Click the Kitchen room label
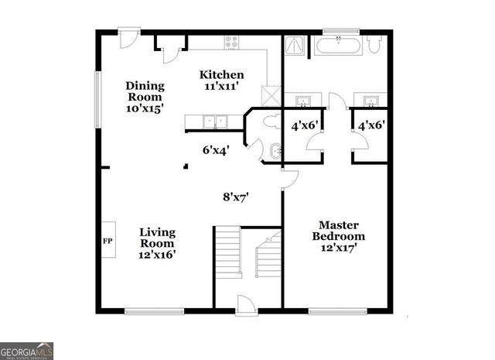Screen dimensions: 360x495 pyautogui.click(x=222, y=81)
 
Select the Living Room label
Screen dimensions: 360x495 pyautogui.click(x=157, y=243)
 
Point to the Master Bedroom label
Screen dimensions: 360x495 pyautogui.click(x=338, y=236)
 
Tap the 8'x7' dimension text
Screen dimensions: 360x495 pyautogui.click(x=236, y=197)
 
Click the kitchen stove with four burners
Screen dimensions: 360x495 pyautogui.click(x=231, y=43)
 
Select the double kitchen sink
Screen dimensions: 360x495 pyautogui.click(x=214, y=122)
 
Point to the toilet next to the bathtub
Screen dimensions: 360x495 pyautogui.click(x=374, y=46)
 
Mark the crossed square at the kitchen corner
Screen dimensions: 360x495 pyautogui.click(x=271, y=97)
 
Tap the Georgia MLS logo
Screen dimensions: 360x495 pyautogui.click(x=27, y=350)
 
